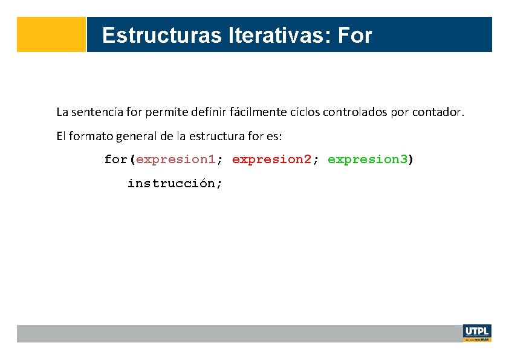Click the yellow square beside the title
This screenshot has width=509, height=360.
(x=51, y=34)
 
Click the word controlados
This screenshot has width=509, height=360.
(x=353, y=112)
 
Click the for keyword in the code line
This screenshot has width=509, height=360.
(x=115, y=159)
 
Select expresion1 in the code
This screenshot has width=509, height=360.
(x=176, y=159)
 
